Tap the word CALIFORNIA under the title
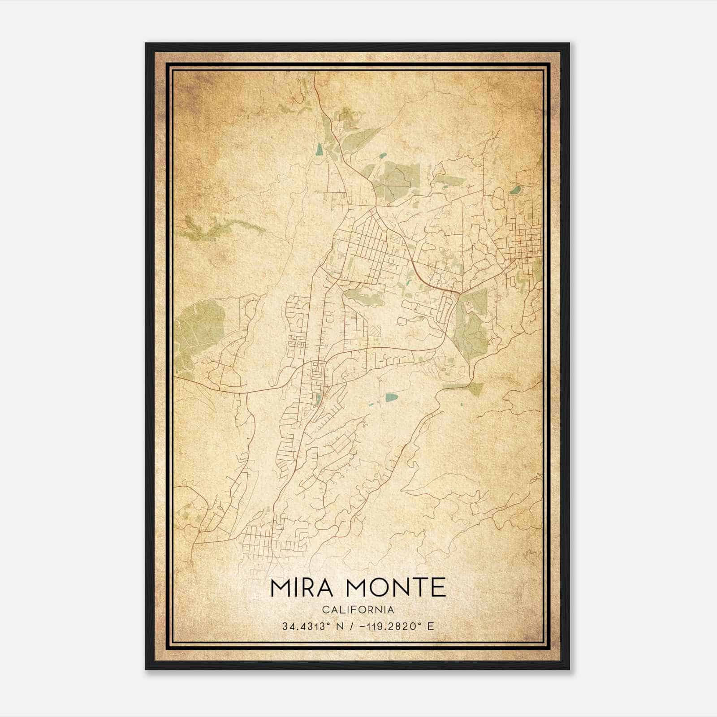point(358,610)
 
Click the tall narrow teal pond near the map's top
point(319,149)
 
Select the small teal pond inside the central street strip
point(318,399)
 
